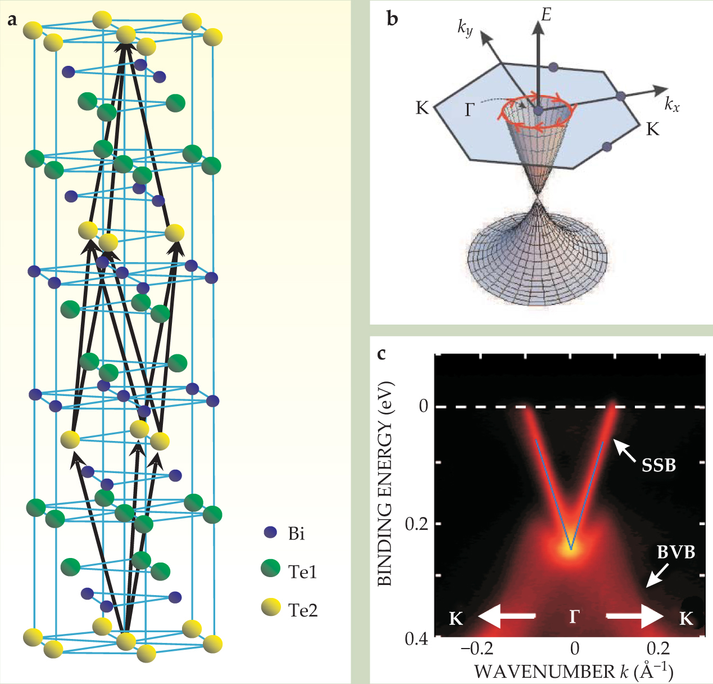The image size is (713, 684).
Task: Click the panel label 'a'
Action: click(12, 21)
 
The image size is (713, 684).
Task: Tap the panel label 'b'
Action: click(393, 19)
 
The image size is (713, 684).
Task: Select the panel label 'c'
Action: click(382, 354)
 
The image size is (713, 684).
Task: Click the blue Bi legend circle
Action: click(271, 532)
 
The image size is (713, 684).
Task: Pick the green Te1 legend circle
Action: click(271, 569)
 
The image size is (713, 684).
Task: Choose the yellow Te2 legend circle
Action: click(271, 607)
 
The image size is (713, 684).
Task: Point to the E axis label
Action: click(546, 15)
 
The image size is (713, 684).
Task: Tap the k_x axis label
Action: click(671, 103)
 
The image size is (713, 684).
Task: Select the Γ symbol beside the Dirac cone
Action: click(470, 110)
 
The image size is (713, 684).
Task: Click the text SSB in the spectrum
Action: click(658, 465)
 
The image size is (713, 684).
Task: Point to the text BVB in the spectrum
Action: click(676, 552)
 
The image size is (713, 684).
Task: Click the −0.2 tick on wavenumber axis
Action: click(477, 649)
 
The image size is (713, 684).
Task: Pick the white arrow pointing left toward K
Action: click(506, 616)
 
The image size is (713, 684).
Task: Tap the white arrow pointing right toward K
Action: click(635, 616)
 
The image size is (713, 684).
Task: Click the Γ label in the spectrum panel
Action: click(573, 617)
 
